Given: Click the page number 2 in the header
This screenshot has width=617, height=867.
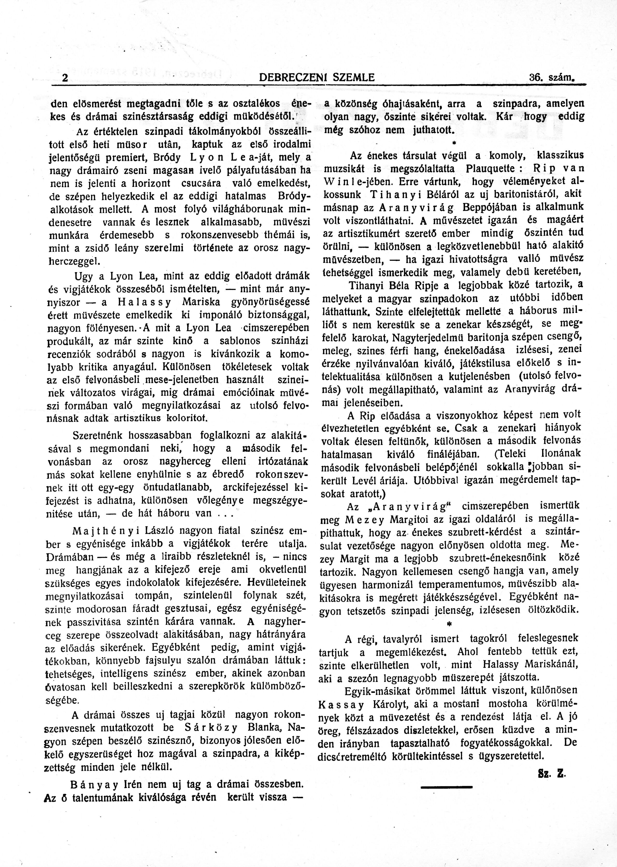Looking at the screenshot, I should (x=65, y=78).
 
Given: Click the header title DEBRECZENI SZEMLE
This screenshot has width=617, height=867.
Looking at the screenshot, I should (x=316, y=78).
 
